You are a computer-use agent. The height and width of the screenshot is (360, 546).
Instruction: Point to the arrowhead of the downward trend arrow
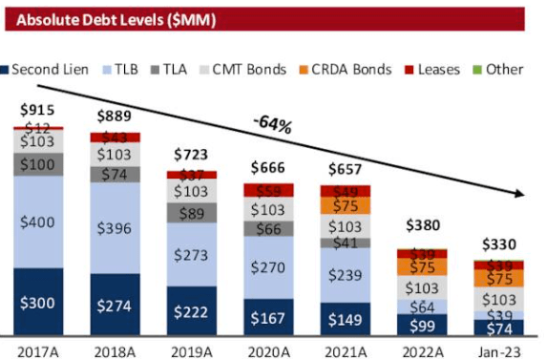coord(522,195)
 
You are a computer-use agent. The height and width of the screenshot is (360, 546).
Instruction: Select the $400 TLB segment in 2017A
coord(38,222)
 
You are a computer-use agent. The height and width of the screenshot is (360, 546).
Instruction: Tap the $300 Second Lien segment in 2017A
coord(38,303)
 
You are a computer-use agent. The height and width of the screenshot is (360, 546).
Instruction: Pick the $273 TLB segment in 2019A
coord(192,256)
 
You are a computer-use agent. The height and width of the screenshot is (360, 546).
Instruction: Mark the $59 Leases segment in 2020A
coord(268,191)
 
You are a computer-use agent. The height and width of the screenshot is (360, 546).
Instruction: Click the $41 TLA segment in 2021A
coord(346,244)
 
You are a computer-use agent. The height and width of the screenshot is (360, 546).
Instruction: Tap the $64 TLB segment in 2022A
coord(422,307)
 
